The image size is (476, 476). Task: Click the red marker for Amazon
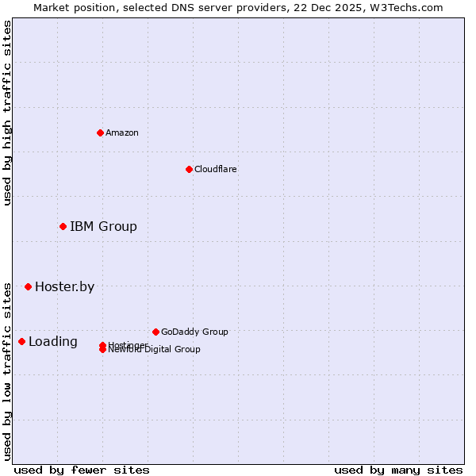(x=100, y=132)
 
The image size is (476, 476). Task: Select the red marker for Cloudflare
(x=189, y=169)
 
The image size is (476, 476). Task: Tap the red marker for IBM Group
(x=63, y=227)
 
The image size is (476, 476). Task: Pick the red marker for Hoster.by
(x=28, y=286)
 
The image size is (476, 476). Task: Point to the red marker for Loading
(x=21, y=341)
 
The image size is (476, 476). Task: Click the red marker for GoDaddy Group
(x=155, y=332)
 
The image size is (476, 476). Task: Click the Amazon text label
(x=121, y=132)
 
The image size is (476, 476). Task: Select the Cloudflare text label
(x=215, y=169)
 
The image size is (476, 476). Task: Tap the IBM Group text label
(x=103, y=227)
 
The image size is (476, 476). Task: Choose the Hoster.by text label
(x=64, y=286)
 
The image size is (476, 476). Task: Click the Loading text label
(x=53, y=342)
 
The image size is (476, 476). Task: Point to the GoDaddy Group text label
(x=194, y=332)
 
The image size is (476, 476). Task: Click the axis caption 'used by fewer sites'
(x=82, y=470)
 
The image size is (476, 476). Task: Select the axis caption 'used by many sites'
(x=398, y=470)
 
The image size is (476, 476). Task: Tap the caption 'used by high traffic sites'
(x=7, y=113)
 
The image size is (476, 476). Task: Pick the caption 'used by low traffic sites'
(x=7, y=371)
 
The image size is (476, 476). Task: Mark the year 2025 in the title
(x=341, y=7)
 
